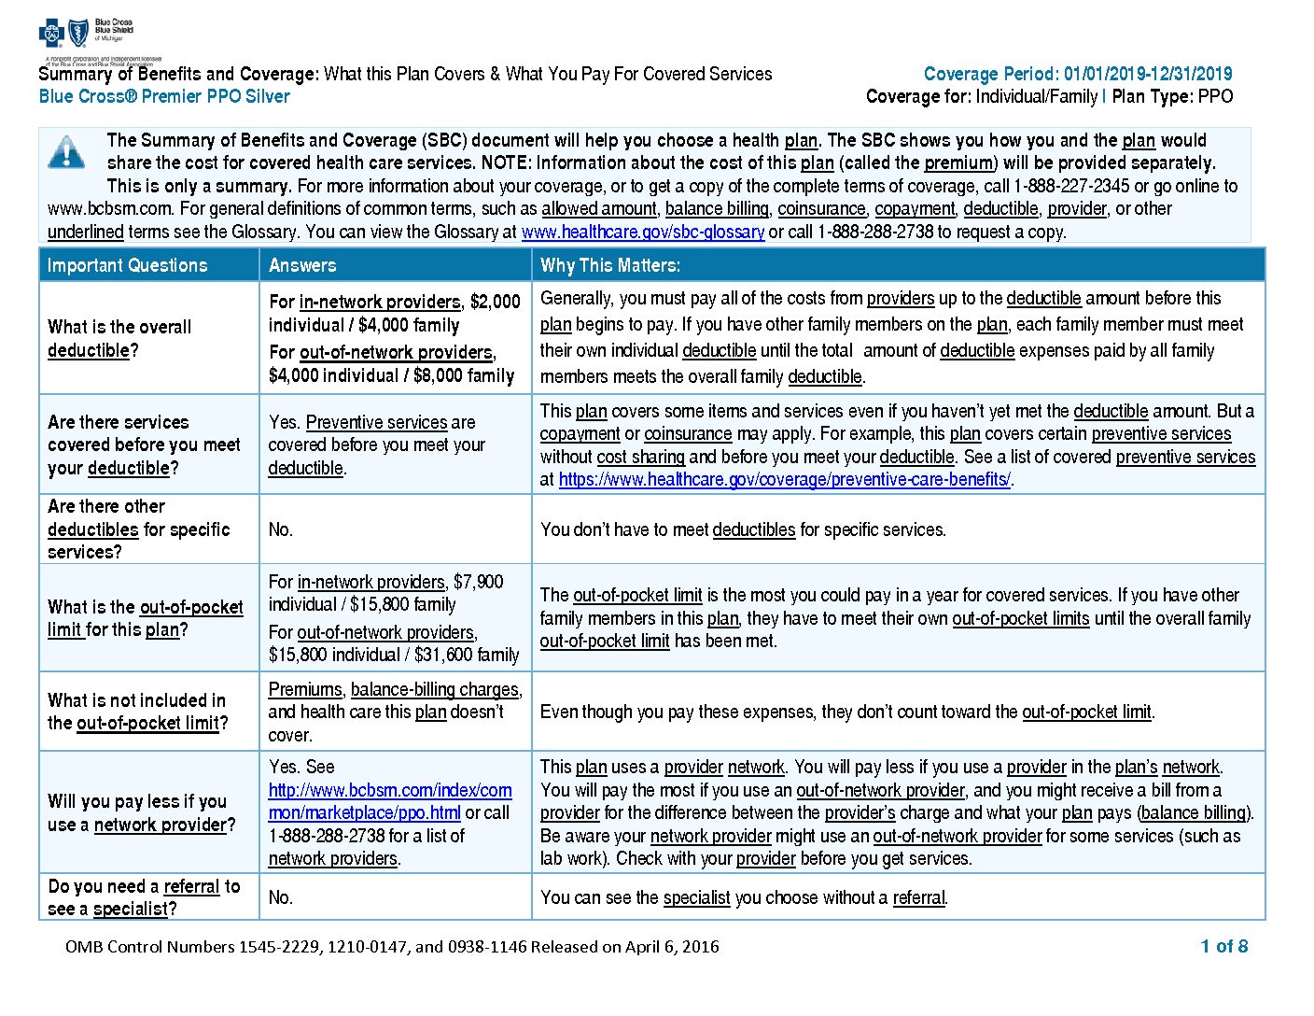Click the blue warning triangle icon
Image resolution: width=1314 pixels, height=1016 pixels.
(66, 151)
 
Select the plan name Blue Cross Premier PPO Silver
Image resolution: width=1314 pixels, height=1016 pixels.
(164, 96)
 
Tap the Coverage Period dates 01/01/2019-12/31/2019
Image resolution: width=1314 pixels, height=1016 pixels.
(1148, 74)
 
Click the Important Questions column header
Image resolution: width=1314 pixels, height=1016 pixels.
(128, 265)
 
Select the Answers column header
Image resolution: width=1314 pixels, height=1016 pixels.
(302, 265)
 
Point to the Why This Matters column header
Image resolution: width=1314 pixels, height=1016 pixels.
(610, 265)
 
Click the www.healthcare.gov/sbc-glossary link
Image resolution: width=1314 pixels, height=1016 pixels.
(643, 232)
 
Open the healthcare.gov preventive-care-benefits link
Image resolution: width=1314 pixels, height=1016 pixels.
(784, 480)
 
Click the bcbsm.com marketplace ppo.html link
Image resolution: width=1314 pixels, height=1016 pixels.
(389, 801)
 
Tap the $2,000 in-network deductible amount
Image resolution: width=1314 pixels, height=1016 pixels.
(495, 302)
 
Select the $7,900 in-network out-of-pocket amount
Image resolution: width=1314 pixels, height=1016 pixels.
(478, 582)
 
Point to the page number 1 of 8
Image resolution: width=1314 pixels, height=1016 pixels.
(1223, 946)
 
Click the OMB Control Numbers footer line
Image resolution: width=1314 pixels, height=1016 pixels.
(392, 946)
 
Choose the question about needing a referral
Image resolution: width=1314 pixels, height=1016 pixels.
(144, 896)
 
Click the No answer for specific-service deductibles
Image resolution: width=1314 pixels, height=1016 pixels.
(280, 529)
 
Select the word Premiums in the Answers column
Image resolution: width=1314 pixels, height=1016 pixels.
(305, 689)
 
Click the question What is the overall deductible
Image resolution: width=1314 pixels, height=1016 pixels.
(119, 338)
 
